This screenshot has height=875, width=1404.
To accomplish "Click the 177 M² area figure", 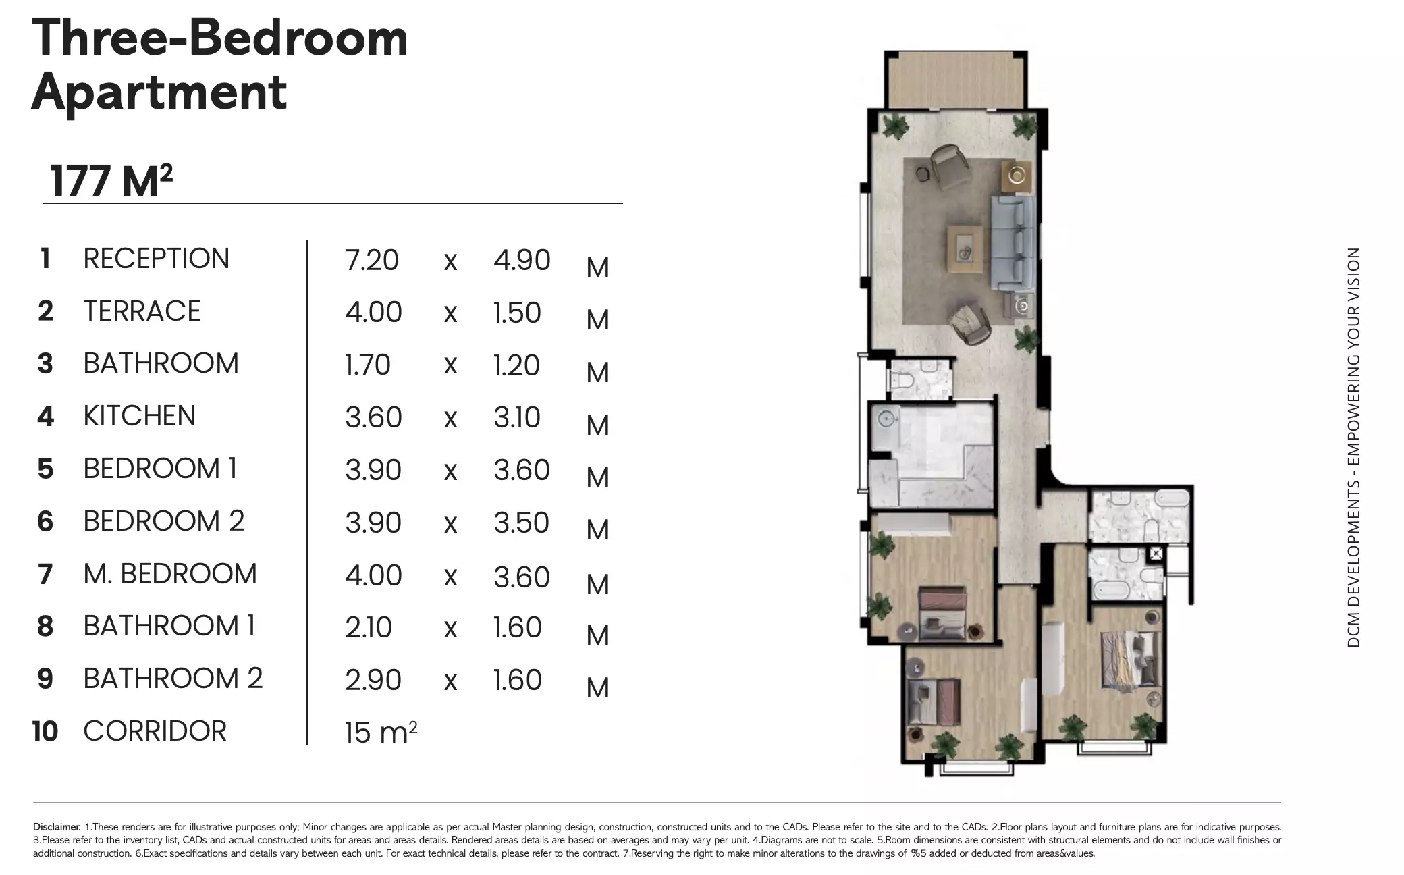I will (x=111, y=181).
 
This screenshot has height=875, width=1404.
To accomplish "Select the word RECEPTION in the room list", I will (x=156, y=259).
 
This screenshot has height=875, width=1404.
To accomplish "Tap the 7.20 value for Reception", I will (x=371, y=261).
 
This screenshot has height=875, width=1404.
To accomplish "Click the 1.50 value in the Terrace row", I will (x=517, y=313).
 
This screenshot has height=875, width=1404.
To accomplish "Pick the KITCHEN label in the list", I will (x=139, y=416).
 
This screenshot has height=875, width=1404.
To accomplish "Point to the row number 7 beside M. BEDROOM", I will (x=45, y=575).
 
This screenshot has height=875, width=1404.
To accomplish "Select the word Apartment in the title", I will (x=159, y=92).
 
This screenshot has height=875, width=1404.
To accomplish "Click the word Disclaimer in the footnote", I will (x=57, y=827).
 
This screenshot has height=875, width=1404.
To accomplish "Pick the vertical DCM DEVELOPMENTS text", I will (x=1353, y=447).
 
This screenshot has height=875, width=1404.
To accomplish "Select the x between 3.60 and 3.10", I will (x=450, y=419).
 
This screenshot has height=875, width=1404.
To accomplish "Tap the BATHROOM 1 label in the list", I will (x=169, y=627).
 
